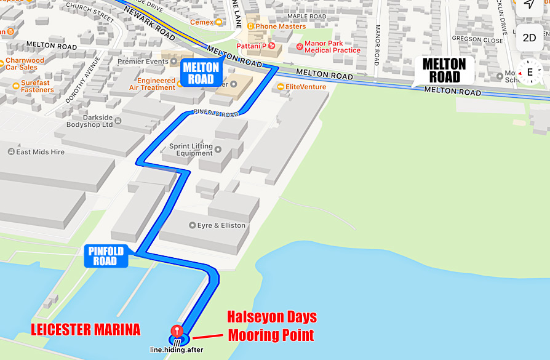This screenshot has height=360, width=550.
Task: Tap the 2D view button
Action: [x=529, y=38]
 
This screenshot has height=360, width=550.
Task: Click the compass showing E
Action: [x=529, y=72]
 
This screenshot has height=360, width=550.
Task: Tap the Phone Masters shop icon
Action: [x=250, y=26]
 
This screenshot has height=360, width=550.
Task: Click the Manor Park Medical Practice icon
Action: [x=300, y=46]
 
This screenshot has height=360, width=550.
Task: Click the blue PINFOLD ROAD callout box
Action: [x=106, y=255]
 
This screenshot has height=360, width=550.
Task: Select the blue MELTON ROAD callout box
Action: [x=201, y=73]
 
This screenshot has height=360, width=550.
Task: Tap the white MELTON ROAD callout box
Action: [x=444, y=70]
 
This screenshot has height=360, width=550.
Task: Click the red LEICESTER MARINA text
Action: [x=86, y=330]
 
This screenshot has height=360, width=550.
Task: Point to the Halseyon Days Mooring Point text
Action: [x=271, y=326]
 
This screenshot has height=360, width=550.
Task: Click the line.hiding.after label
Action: [x=177, y=350]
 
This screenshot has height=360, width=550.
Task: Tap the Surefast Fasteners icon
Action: [x=16, y=86]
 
